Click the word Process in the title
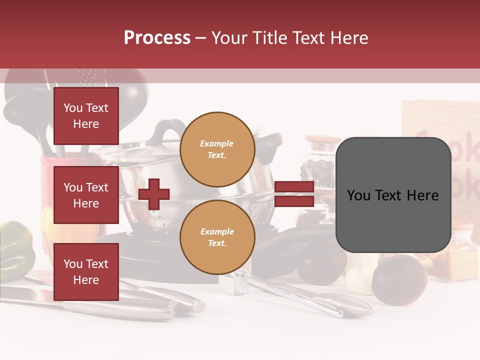[157, 38]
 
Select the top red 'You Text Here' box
[86, 116]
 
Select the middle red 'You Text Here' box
[86, 195]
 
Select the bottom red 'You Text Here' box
[86, 271]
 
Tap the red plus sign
[154, 193]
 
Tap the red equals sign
[294, 194]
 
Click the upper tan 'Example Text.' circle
[217, 149]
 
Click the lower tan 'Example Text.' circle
[217, 237]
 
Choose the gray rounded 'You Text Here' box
[393, 195]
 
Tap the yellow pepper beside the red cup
[47, 220]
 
